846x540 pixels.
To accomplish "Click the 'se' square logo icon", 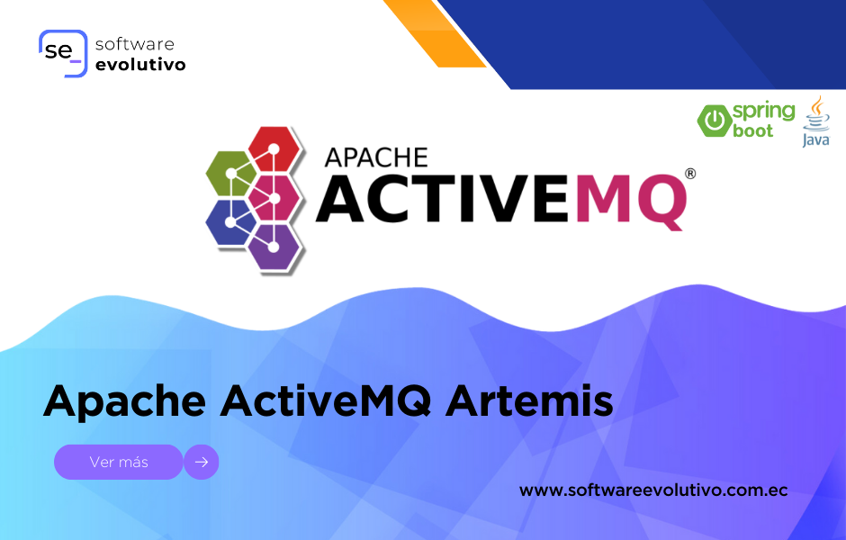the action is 63,53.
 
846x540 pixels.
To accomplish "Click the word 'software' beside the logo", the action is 135,44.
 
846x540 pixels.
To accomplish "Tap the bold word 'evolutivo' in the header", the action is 140,64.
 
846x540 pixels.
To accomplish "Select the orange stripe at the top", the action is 435,33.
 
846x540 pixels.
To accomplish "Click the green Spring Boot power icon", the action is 715,120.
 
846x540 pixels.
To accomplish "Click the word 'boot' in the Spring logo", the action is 752,130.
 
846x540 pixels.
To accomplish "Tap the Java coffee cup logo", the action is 816,121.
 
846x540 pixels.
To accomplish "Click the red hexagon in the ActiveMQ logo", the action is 274,148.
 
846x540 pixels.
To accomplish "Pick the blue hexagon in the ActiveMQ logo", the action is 231,222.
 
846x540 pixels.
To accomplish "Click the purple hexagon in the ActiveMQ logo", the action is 274,247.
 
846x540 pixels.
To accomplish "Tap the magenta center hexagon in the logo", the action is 274,198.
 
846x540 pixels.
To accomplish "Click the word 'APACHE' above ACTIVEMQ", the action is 376,158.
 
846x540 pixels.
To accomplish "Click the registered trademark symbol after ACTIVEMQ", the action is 690,174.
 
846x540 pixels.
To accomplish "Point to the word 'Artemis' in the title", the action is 529,400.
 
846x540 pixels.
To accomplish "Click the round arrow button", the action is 202,462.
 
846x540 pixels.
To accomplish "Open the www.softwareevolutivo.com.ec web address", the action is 653,490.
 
